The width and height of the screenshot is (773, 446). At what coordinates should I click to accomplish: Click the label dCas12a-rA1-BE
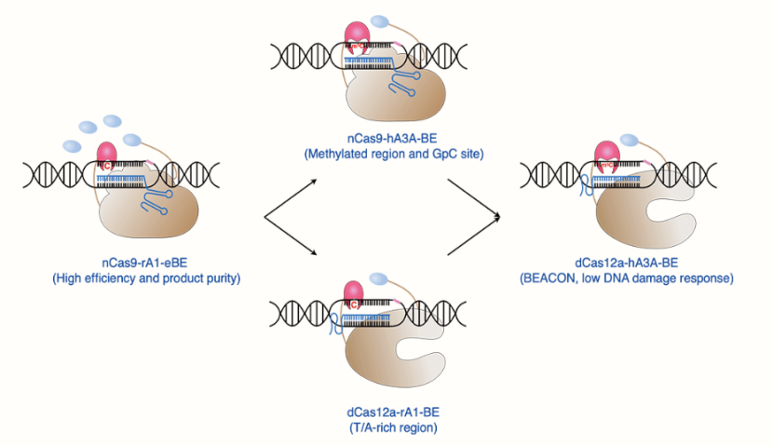tap(385, 412)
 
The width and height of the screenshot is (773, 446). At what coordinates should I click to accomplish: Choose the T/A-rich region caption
tap(385, 427)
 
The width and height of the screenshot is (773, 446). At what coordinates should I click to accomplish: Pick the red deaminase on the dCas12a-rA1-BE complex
tap(355, 291)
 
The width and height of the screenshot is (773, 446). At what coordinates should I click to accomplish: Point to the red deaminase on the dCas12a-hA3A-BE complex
tap(607, 154)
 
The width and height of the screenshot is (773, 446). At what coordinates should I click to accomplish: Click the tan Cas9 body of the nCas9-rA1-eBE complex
tap(140, 214)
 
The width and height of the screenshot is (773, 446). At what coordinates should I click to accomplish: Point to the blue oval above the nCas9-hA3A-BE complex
tap(380, 21)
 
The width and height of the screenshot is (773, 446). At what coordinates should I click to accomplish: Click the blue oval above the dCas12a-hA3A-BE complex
tap(630, 140)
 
